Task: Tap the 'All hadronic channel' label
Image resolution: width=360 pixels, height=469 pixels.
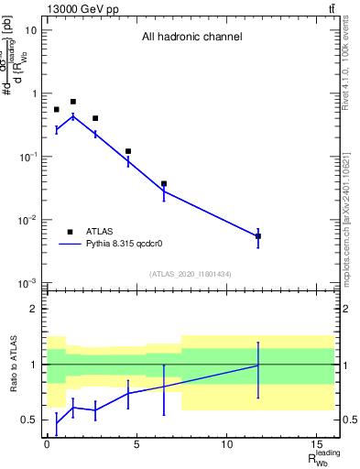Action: pos(191,38)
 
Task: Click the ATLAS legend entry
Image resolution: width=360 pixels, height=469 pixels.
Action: pos(90,232)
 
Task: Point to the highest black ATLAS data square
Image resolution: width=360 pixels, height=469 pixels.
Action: pos(73,102)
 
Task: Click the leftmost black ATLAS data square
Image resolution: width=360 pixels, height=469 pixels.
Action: pos(57,110)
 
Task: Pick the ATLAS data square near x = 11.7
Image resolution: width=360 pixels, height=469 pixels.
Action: pos(258,236)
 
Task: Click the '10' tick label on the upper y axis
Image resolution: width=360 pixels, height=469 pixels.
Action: pos(31,30)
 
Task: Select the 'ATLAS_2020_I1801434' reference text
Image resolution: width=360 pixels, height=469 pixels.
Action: pos(191,274)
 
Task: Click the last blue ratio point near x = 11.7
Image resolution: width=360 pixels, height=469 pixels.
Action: pos(258,365)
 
